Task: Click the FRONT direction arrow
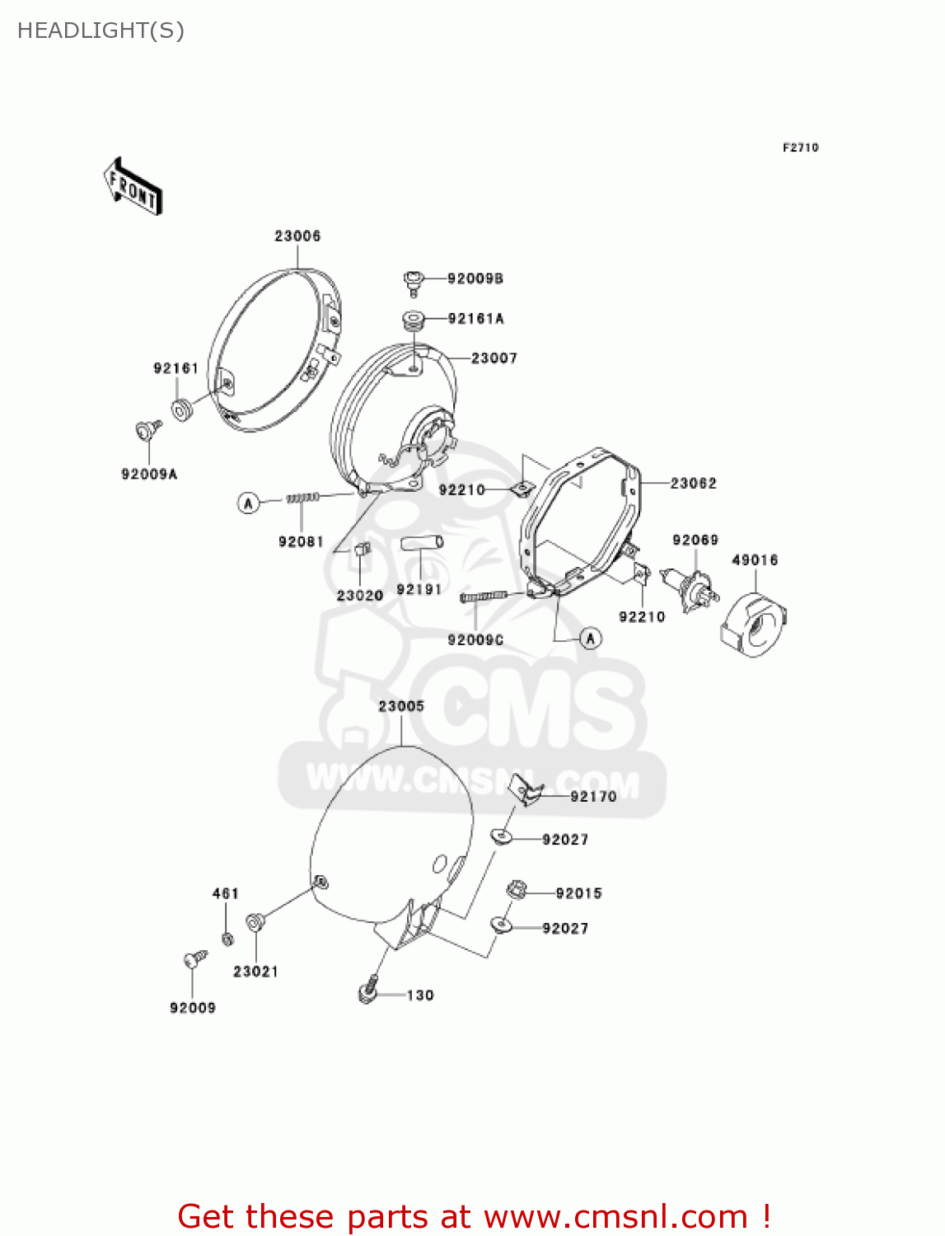133,187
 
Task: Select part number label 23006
297,236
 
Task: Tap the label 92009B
475,279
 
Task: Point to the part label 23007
494,358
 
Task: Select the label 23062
693,484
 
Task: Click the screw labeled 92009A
147,429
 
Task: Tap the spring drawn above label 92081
302,498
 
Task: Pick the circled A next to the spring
249,502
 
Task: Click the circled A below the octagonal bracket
591,639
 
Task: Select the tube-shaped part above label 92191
422,543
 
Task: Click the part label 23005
401,706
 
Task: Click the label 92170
593,797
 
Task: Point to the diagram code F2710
800,147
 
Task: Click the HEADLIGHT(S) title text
101,30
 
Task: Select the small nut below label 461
227,939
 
